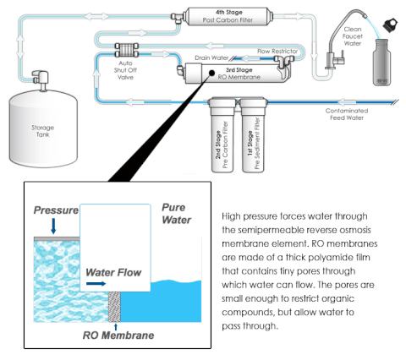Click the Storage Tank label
(x=42, y=131)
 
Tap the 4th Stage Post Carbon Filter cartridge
(x=228, y=16)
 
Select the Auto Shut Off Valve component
(x=126, y=50)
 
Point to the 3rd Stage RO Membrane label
(x=239, y=74)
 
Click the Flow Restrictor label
(x=277, y=52)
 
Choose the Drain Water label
(x=211, y=57)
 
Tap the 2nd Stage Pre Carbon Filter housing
(x=222, y=134)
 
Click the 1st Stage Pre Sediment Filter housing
(x=253, y=134)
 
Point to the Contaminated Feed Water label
(x=347, y=114)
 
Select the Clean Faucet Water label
(x=353, y=36)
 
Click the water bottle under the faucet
(x=381, y=63)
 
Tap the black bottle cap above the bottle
(x=390, y=25)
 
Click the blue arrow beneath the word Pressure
(x=53, y=226)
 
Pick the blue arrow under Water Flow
(x=96, y=283)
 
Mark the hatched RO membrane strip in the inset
(x=114, y=307)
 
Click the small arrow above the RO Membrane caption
(x=116, y=327)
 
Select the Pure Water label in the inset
(x=177, y=214)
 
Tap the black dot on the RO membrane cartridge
(x=211, y=74)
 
